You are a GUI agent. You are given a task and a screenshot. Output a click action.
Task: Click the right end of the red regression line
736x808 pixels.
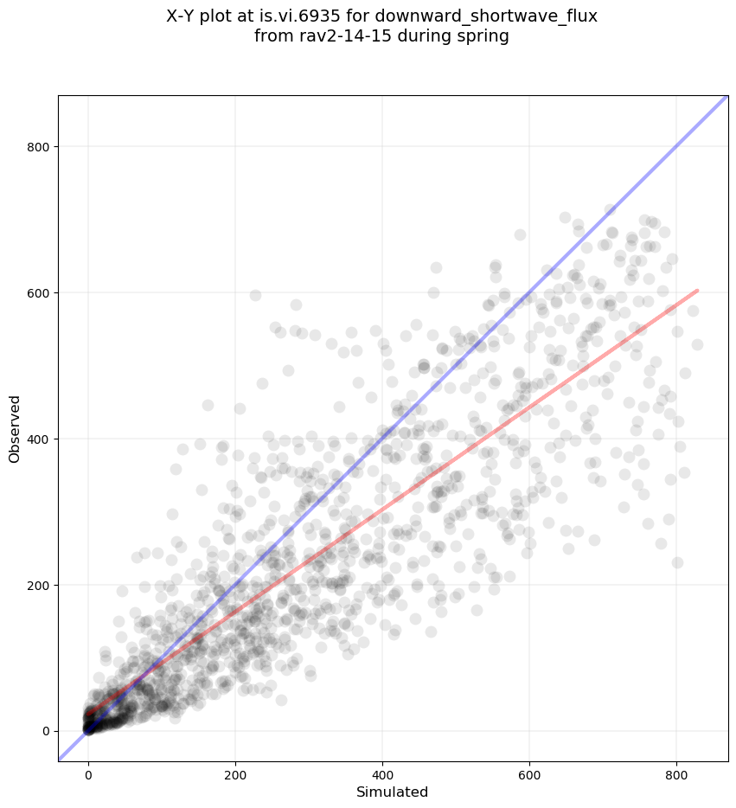pyautogui.click(x=697, y=291)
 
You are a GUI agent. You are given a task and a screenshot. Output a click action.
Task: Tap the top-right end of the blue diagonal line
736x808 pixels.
pyautogui.click(x=726, y=97)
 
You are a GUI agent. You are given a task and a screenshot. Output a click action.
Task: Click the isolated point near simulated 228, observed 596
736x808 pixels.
pyautogui.click(x=255, y=295)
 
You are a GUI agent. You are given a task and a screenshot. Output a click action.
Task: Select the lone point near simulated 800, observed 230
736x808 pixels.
pyautogui.click(x=677, y=562)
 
